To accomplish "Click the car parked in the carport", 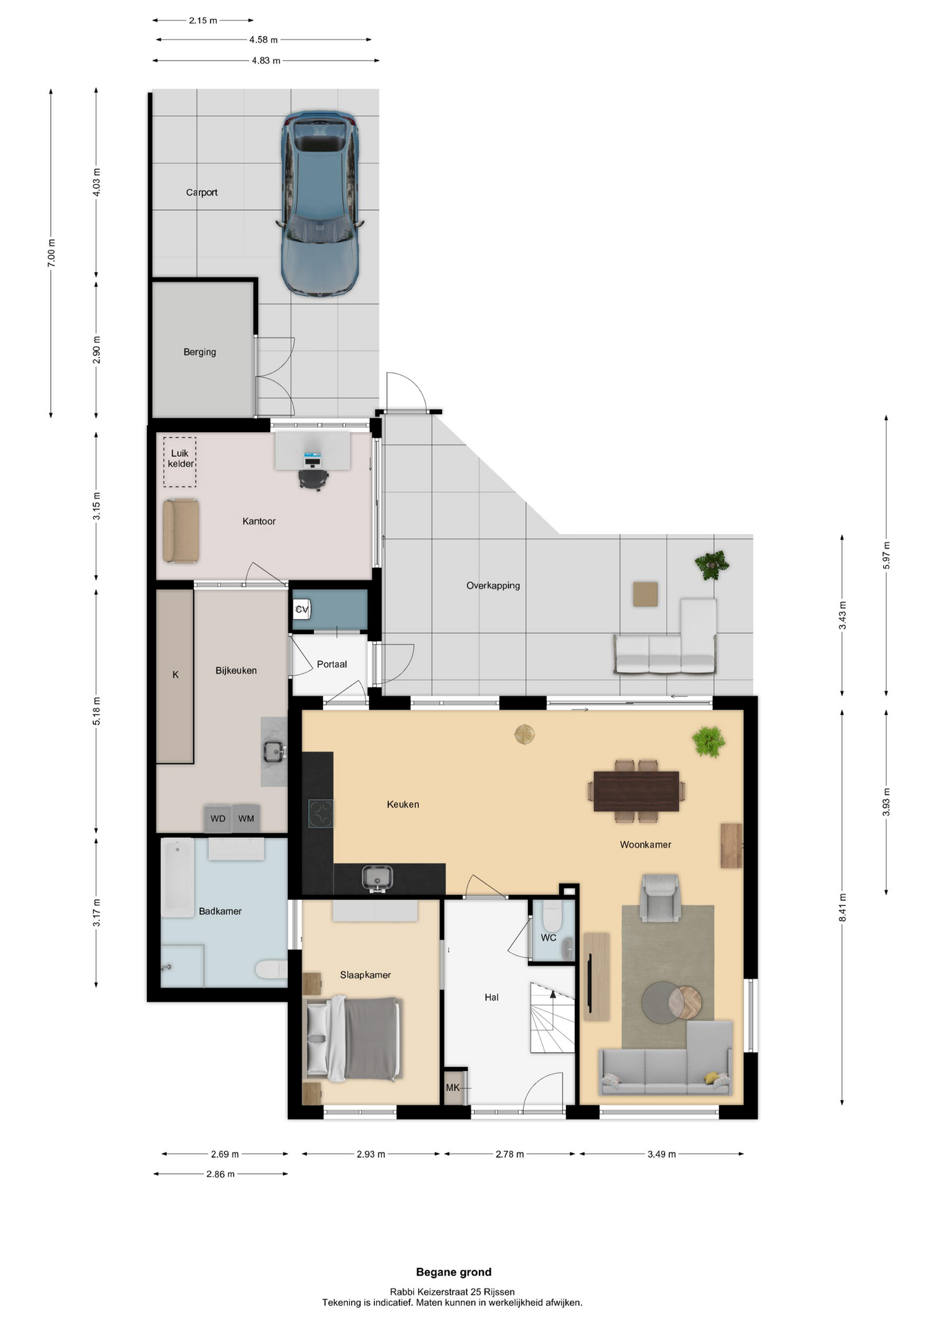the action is tap(319, 204).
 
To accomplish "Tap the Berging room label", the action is tap(199, 352).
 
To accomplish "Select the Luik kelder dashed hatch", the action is tap(179, 462).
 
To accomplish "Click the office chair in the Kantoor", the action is tap(313, 477).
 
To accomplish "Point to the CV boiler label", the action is tap(302, 609).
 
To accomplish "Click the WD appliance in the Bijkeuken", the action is tap(218, 818).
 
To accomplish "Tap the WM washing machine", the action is tap(246, 818).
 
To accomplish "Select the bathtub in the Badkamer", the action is tap(177, 878).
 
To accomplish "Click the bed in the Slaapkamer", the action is tap(353, 1038).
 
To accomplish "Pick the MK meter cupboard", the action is tap(453, 1088).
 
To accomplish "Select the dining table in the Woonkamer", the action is tap(636, 791).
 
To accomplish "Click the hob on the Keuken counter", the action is tap(320, 813).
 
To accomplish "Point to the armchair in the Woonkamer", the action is tap(660, 897).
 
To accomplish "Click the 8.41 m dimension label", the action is tap(842, 907).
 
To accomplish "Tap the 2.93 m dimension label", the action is tap(371, 1154).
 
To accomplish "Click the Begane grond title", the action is tap(454, 1272).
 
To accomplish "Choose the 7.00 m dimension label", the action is tap(51, 253).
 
